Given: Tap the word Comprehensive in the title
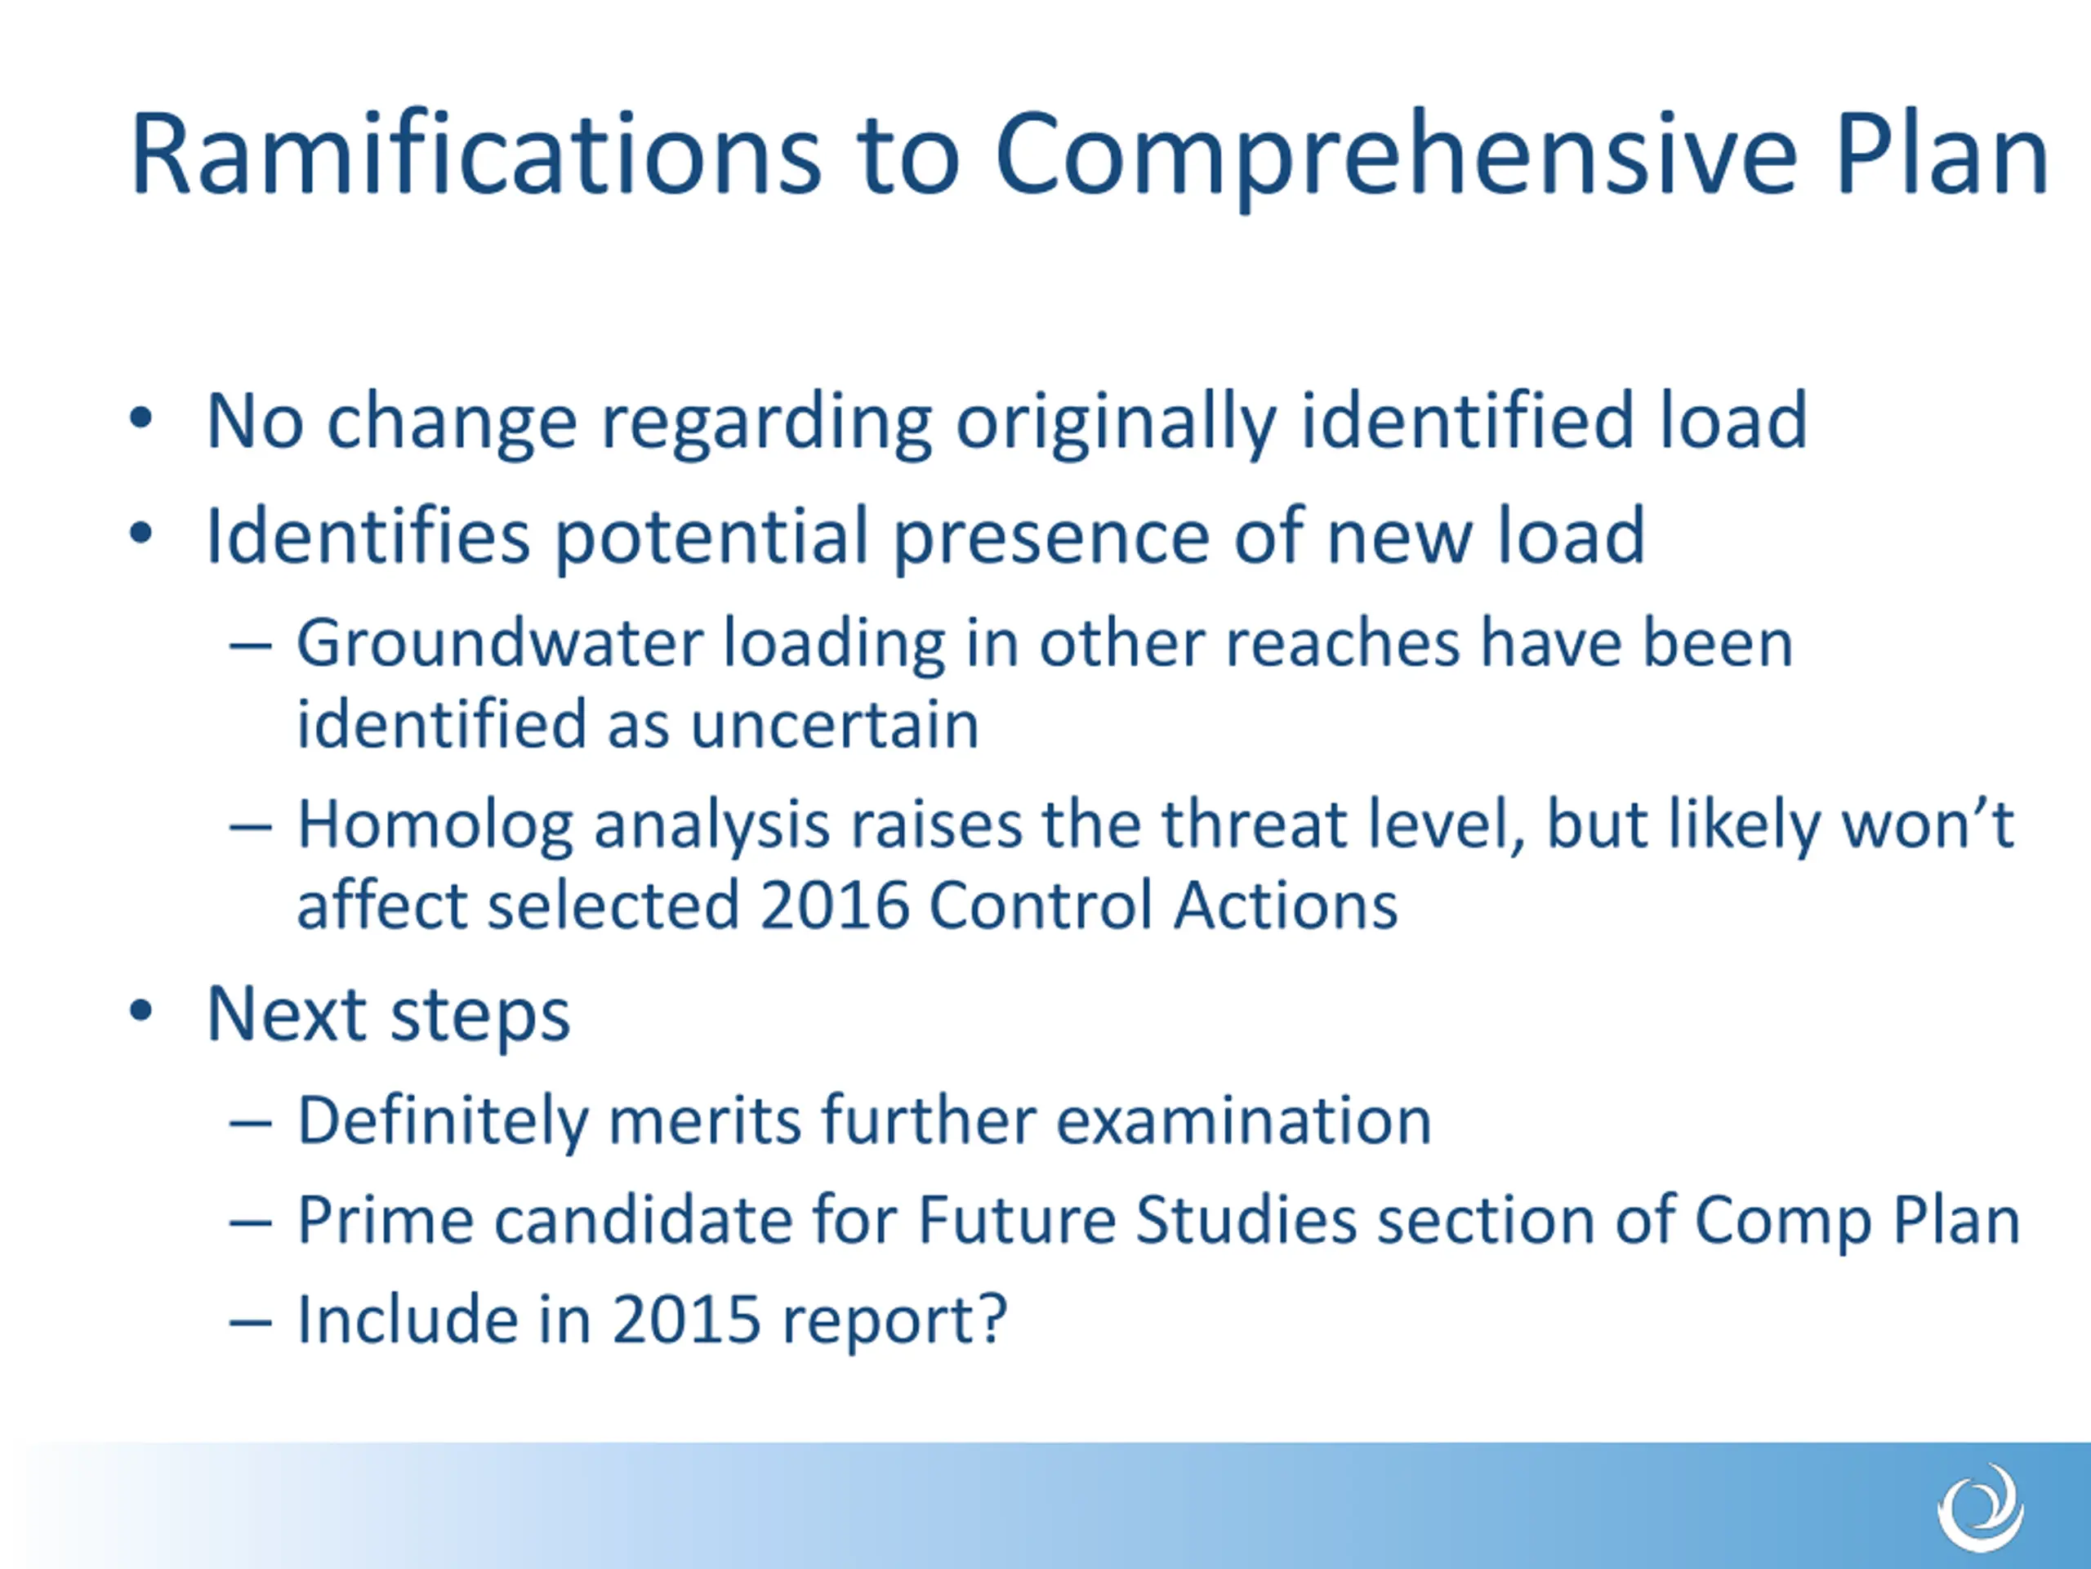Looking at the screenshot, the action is (x=1395, y=159).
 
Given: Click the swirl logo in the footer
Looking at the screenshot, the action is (x=1981, y=1508).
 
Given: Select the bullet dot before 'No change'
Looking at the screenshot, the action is (x=140, y=418).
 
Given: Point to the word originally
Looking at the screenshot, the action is (x=1117, y=423).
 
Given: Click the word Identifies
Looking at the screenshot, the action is (x=368, y=535).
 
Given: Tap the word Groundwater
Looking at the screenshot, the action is (x=500, y=643).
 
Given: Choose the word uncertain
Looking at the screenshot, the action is (x=835, y=726).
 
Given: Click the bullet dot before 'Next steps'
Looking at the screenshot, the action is (x=140, y=1011).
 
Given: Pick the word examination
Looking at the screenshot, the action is (x=1243, y=1120).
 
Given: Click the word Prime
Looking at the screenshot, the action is (x=385, y=1220).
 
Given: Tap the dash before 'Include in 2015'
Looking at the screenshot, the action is (x=251, y=1321).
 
